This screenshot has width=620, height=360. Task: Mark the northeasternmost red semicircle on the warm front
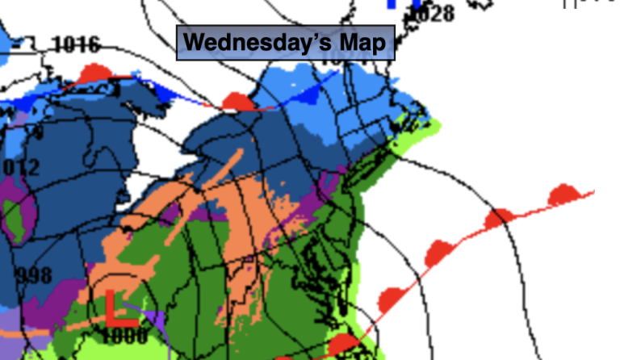point(563,195)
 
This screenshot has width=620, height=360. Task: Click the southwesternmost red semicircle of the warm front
point(343,345)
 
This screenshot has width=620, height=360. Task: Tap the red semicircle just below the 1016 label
point(95,73)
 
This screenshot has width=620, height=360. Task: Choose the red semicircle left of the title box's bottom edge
point(237,102)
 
